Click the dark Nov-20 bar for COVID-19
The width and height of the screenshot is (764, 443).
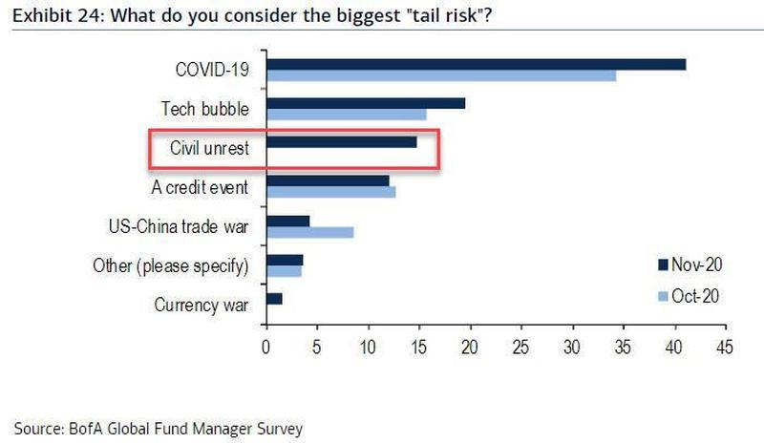pyautogui.click(x=476, y=64)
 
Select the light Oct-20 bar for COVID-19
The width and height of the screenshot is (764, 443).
pyautogui.click(x=440, y=75)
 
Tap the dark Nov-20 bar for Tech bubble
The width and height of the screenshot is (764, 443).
pyautogui.click(x=366, y=103)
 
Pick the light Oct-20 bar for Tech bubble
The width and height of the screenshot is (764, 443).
pyautogui.click(x=346, y=115)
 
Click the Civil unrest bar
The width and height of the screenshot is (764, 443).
pyautogui.click(x=341, y=142)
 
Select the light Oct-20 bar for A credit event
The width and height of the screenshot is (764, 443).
pyautogui.click(x=330, y=192)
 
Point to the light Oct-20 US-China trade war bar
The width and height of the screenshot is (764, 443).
pyautogui.click(x=309, y=232)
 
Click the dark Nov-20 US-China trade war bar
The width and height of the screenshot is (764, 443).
pyautogui.click(x=287, y=221)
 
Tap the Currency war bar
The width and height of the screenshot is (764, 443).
pyautogui.click(x=274, y=299)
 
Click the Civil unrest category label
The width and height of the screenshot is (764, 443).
pyautogui.click(x=209, y=148)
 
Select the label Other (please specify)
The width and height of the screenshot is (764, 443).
pyautogui.click(x=171, y=265)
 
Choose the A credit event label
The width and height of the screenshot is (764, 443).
pyautogui.click(x=201, y=187)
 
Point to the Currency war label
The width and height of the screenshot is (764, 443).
pyautogui.click(x=202, y=306)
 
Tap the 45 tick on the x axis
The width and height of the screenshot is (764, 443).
pyautogui.click(x=726, y=347)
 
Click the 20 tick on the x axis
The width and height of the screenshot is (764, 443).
pyautogui.click(x=470, y=347)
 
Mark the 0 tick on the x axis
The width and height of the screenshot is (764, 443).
pyautogui.click(x=265, y=347)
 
